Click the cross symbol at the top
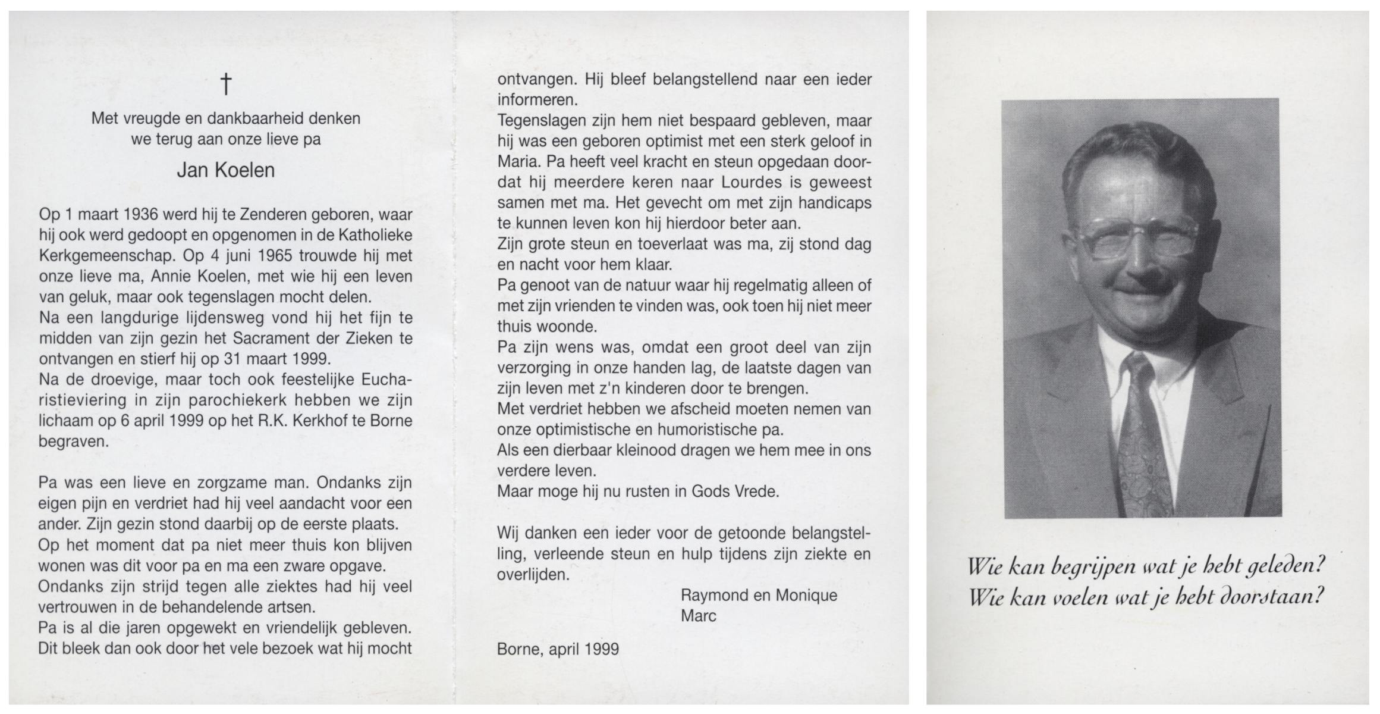point(226,84)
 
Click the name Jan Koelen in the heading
point(226,171)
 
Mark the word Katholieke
point(375,236)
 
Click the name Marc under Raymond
point(698,616)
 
